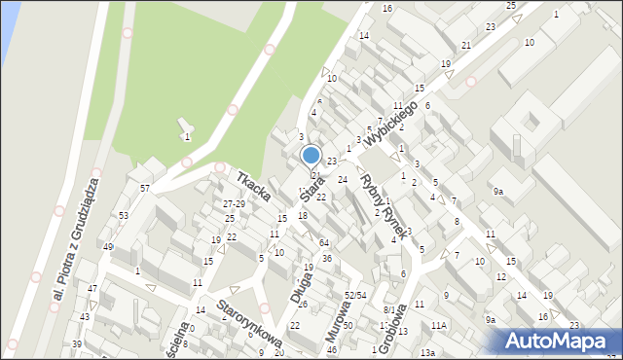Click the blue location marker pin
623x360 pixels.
[x=311, y=156]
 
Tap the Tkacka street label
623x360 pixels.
[x=253, y=187]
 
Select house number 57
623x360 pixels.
[x=145, y=187]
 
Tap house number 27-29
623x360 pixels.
[x=234, y=204]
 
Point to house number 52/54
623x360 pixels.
[x=354, y=295]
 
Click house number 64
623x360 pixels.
[x=323, y=242]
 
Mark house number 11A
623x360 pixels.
[x=439, y=325]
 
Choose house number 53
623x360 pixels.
[x=124, y=215]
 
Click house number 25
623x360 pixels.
[x=511, y=6]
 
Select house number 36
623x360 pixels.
[x=327, y=258]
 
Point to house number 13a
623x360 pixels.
[x=427, y=352]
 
